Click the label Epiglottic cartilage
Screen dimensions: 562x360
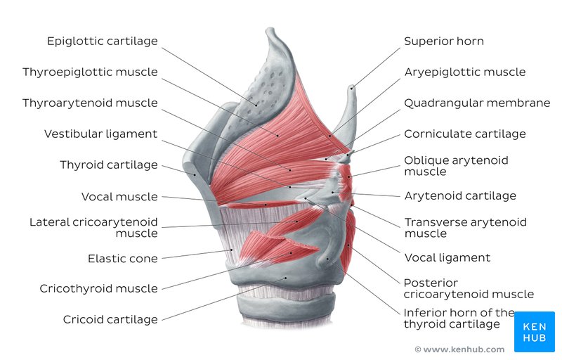[103, 41]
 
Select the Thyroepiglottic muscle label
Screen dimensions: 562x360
[91, 72]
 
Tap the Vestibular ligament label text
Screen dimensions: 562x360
[100, 134]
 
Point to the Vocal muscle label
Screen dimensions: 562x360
[119, 196]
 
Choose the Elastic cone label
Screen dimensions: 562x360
[123, 259]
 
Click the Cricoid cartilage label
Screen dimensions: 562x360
[110, 319]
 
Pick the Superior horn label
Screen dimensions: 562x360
[444, 41]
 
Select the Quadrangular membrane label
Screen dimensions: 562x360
[477, 103]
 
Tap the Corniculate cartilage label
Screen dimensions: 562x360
[465, 134]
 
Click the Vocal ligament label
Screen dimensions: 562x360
[447, 258]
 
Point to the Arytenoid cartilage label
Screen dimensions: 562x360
[460, 196]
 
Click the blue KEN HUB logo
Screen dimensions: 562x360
[535, 332]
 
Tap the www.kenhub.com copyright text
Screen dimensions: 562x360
[459, 349]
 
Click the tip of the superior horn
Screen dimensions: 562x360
[353, 86]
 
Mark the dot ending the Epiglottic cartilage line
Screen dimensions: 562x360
[256, 105]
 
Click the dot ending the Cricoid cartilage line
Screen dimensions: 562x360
[286, 278]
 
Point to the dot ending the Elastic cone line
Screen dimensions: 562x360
[232, 250]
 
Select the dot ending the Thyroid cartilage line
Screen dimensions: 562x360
[195, 175]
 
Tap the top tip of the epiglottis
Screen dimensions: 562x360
[269, 29]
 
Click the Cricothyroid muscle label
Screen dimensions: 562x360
[98, 289]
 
